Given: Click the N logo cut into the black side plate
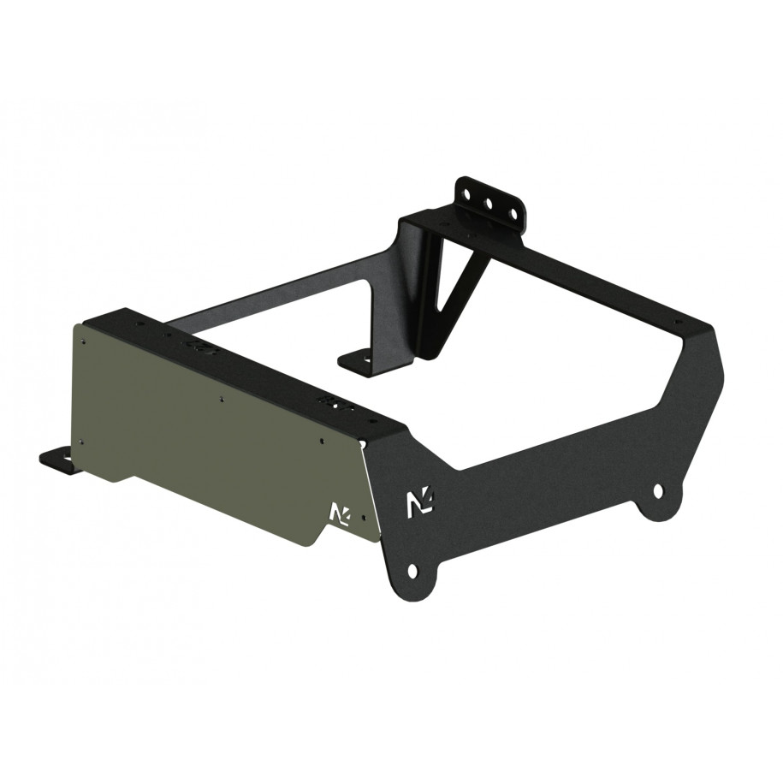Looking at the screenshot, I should [x=420, y=502].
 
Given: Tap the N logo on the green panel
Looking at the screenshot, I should [x=339, y=513].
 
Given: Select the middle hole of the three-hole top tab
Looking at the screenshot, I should [x=489, y=205].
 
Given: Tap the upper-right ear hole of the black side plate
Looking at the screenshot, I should [x=657, y=491].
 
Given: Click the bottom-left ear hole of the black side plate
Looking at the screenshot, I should [x=412, y=570].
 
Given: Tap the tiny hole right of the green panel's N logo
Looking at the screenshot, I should [x=365, y=519].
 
